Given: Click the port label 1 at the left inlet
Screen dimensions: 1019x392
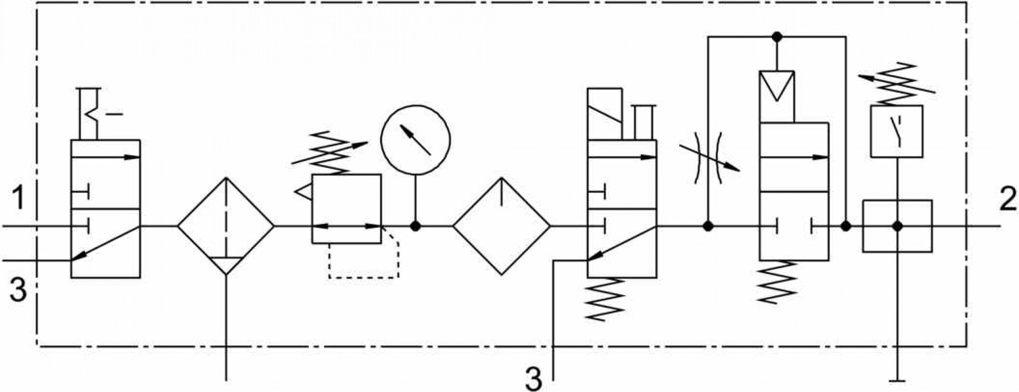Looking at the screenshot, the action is [x=18, y=197].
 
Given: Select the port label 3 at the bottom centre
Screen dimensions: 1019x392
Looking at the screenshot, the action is [x=534, y=379].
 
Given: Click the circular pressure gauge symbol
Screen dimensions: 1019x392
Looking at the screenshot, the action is [x=415, y=140].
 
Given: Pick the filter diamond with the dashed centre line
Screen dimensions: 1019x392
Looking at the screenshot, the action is [x=226, y=226].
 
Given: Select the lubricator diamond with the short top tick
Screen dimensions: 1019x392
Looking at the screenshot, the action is [x=502, y=226].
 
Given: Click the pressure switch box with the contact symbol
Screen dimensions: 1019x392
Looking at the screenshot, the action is [x=897, y=131].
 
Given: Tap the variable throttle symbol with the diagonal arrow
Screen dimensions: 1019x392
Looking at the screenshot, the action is [x=709, y=156].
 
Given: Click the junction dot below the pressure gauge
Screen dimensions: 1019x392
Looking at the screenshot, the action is [x=415, y=227].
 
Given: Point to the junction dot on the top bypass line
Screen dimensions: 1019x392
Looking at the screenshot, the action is [x=776, y=36].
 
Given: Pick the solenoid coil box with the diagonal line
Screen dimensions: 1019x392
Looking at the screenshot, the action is [x=605, y=114].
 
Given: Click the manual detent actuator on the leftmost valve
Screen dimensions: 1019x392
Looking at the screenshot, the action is [x=97, y=114].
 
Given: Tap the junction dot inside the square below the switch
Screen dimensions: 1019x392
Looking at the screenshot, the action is [x=897, y=227].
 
